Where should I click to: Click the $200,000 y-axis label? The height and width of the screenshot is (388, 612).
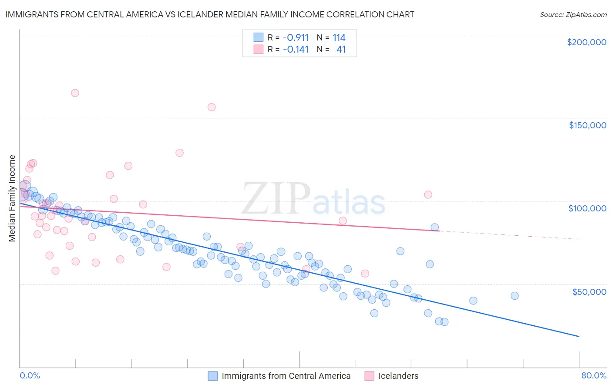(x=586, y=42)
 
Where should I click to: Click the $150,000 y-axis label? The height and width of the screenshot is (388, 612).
(x=587, y=125)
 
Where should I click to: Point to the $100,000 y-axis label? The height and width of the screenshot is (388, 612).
(x=587, y=208)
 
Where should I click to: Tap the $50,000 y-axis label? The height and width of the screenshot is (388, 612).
(x=589, y=291)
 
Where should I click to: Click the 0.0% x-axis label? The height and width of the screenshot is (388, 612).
(x=30, y=375)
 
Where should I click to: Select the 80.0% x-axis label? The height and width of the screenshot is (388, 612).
(x=594, y=375)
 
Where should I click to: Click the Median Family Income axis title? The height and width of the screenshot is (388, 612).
(x=12, y=198)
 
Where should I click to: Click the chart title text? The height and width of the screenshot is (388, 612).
(x=210, y=14)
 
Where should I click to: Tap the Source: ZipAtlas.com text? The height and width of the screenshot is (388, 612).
(x=573, y=14)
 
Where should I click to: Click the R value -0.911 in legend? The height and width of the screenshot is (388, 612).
(x=296, y=37)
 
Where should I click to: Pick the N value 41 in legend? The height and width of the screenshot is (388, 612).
(x=341, y=49)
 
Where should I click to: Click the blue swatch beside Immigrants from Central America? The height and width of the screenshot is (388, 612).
(x=212, y=376)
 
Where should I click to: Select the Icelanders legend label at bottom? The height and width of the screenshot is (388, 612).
(x=398, y=376)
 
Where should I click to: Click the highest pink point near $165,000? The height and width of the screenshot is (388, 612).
(x=75, y=93)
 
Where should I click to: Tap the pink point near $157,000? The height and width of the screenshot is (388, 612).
(x=212, y=107)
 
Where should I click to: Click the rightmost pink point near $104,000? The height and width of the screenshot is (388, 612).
(x=428, y=194)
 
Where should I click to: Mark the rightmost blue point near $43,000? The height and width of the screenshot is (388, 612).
(x=514, y=296)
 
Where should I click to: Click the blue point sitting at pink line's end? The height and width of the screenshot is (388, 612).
(x=434, y=227)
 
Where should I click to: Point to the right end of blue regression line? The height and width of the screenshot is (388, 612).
(x=579, y=336)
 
